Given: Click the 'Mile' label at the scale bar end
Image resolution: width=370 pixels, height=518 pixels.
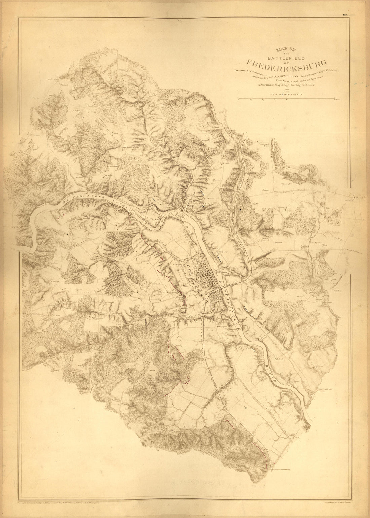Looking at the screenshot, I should click(x=337, y=100).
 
